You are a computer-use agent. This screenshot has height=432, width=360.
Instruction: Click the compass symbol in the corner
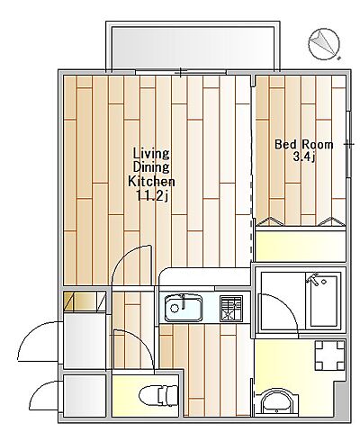(x=324, y=44)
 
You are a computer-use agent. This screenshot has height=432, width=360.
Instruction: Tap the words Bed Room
(x=304, y=145)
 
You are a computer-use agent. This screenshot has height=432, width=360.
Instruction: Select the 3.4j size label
(x=303, y=157)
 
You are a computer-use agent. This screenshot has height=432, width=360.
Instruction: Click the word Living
(x=151, y=154)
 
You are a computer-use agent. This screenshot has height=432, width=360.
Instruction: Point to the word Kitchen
(x=151, y=182)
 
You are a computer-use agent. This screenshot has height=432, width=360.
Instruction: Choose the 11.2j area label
(x=152, y=196)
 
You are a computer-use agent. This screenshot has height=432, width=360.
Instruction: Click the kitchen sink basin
(x=184, y=308)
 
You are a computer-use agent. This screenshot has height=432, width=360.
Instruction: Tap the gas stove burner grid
(x=231, y=309)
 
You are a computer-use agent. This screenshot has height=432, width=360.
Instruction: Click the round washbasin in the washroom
(x=275, y=402)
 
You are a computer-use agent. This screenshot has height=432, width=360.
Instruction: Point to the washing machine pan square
(x=329, y=355)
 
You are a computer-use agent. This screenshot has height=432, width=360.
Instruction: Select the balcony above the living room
(x=193, y=47)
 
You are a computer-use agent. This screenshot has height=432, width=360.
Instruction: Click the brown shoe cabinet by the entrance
(x=85, y=301)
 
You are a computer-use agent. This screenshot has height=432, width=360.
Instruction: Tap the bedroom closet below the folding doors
(x=301, y=246)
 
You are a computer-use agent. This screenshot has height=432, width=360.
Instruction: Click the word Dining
(x=151, y=168)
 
